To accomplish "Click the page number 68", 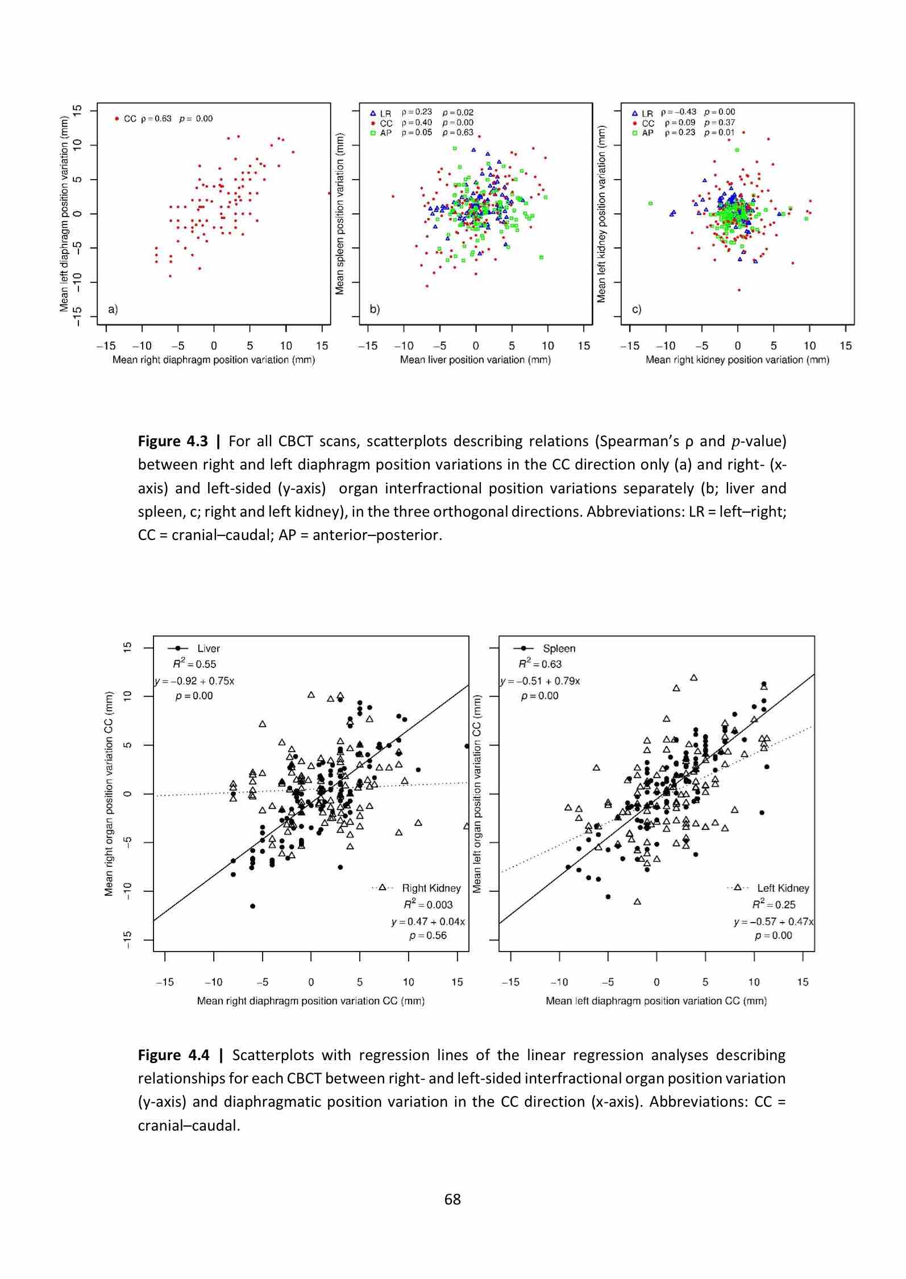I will pyautogui.click(x=452, y=1199).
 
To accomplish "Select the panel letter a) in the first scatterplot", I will pyautogui.click(x=113, y=309).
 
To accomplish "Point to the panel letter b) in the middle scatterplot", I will pyautogui.click(x=375, y=309).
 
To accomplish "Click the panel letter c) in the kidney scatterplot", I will pyautogui.click(x=637, y=309).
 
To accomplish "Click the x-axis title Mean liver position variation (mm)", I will pyautogui.click(x=475, y=360).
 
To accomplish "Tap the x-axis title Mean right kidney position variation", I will pyautogui.click(x=737, y=360).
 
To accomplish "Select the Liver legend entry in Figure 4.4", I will pyautogui.click(x=208, y=648).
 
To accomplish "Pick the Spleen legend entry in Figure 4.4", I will pyautogui.click(x=559, y=648).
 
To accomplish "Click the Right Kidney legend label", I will pyautogui.click(x=431, y=888).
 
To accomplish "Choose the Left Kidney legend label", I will pyautogui.click(x=783, y=888).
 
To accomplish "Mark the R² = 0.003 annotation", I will pyautogui.click(x=428, y=904).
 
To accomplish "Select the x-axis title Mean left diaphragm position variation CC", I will pyautogui.click(x=656, y=1000).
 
